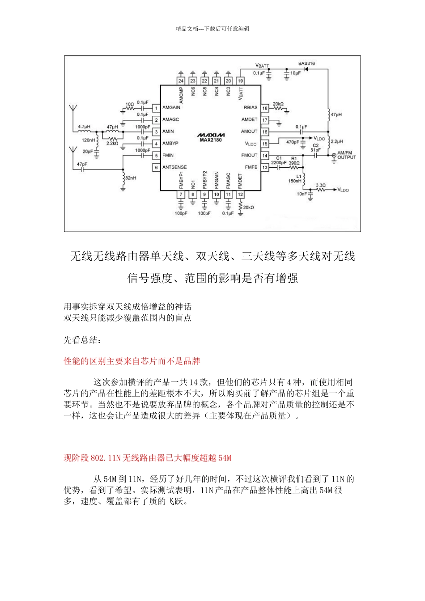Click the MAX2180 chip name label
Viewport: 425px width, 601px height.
pyautogui.click(x=211, y=140)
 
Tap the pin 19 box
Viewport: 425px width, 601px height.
pyautogui.click(x=240, y=81)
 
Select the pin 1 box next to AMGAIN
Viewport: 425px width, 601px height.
pyautogui.click(x=156, y=108)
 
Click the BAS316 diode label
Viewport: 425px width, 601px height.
pyautogui.click(x=306, y=63)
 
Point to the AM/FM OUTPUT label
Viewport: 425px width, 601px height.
pyautogui.click(x=347, y=155)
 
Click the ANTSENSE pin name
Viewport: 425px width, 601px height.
pyautogui.click(x=174, y=167)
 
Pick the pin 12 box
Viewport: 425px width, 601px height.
pyautogui.click(x=240, y=195)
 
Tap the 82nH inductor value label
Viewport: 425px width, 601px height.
pyautogui.click(x=131, y=178)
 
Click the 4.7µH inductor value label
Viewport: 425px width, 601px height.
pyautogui.click(x=84, y=127)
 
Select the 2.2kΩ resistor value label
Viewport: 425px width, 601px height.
pyautogui.click(x=112, y=144)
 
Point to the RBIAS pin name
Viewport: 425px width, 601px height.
pyautogui.click(x=251, y=108)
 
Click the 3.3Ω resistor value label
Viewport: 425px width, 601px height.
pyautogui.click(x=320, y=185)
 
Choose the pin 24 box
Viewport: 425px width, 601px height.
pyautogui.click(x=181, y=81)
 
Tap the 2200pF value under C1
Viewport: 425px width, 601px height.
pyautogui.click(x=278, y=163)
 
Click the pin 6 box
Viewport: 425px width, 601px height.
pyautogui.click(x=156, y=167)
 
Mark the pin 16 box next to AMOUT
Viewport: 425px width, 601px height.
pyautogui.click(x=265, y=132)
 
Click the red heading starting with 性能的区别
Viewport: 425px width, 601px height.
pyautogui.click(x=132, y=361)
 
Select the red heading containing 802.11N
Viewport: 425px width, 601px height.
pyautogui.click(x=147, y=457)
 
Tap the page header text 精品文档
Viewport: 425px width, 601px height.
pyautogui.click(x=212, y=29)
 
